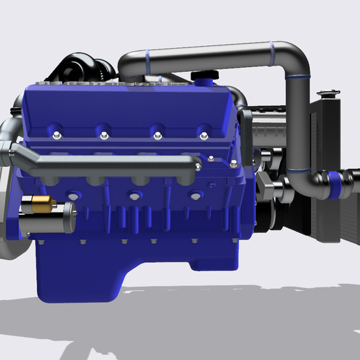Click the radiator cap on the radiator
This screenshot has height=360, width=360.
click(x=326, y=93)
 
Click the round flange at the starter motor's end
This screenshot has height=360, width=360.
click(x=68, y=216)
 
